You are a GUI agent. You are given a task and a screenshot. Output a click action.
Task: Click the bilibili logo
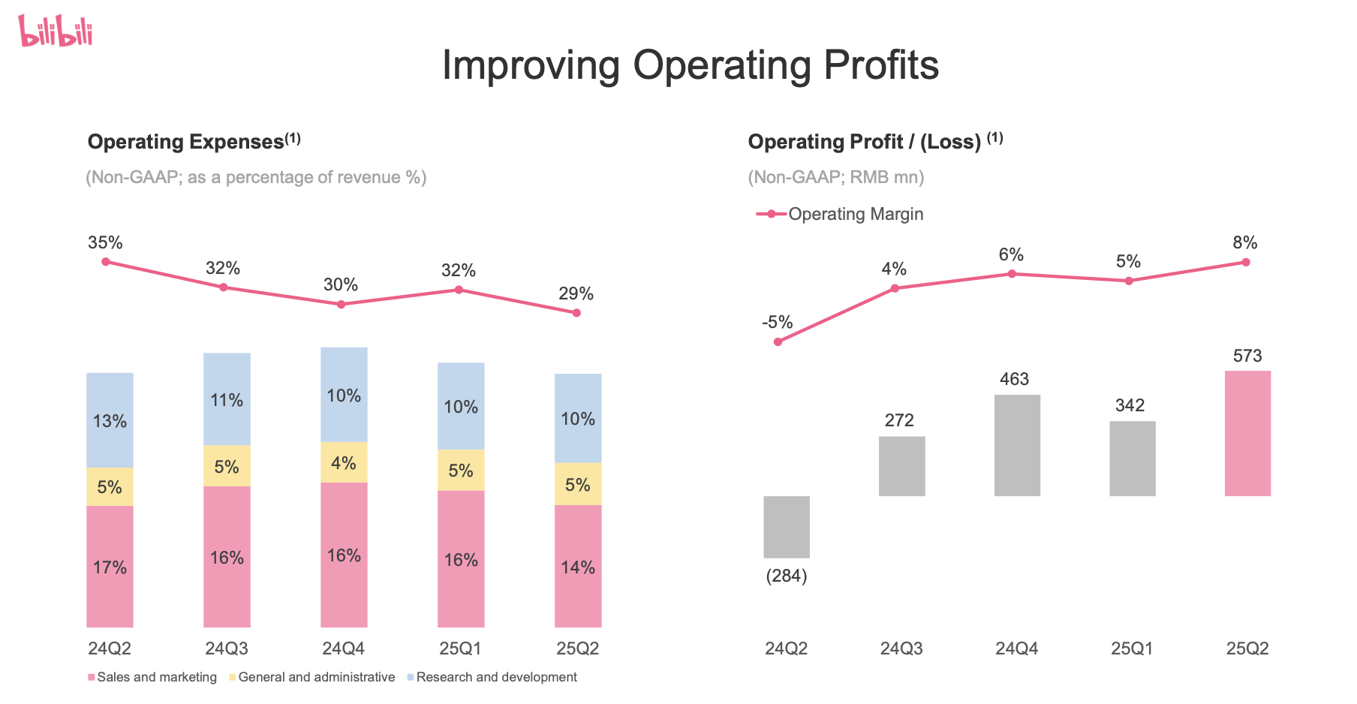tap(56, 32)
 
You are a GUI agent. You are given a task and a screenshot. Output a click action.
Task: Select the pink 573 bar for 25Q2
tap(1247, 433)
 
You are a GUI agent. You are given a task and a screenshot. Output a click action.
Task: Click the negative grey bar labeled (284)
tap(786, 526)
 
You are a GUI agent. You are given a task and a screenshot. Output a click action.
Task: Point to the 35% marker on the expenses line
tap(106, 262)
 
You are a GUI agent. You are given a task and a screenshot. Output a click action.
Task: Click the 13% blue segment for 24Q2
tap(110, 420)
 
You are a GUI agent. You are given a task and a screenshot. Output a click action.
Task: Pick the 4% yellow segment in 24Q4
tap(344, 462)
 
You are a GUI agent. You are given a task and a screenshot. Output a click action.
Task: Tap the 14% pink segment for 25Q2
tap(578, 566)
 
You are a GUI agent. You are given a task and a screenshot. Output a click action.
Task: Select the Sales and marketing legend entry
tap(152, 677)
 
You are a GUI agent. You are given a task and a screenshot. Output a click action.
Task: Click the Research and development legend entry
tap(492, 677)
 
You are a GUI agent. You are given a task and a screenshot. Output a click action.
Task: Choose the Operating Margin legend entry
tap(841, 214)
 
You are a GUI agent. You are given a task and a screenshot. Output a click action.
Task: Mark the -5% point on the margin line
tap(778, 341)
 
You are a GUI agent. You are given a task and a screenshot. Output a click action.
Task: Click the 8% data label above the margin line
tap(1244, 242)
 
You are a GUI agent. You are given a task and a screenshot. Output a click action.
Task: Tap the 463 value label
tap(1014, 379)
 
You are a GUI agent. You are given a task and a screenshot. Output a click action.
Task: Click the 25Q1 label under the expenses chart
tap(460, 648)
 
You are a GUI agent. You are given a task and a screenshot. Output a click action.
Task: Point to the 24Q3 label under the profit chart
tap(901, 648)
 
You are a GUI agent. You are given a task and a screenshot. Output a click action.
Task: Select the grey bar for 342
tap(1132, 458)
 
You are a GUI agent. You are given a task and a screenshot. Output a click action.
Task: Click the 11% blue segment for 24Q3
tap(227, 399)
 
